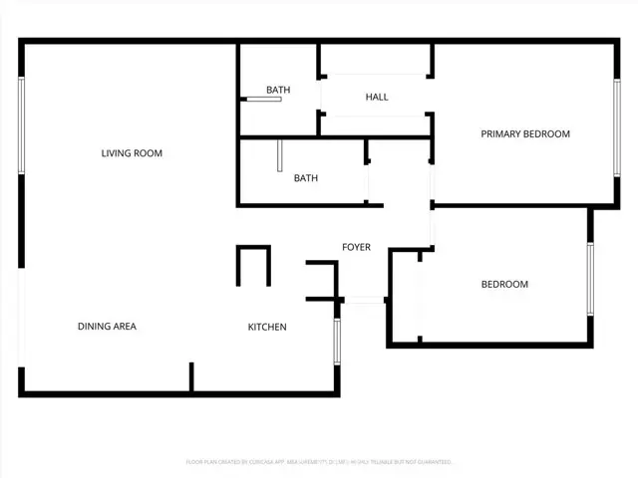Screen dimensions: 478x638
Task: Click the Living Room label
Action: click(x=132, y=153)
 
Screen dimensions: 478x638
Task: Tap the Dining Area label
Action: click(x=107, y=327)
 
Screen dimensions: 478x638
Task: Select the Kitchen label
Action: click(x=267, y=327)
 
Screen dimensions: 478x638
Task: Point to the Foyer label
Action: click(x=356, y=247)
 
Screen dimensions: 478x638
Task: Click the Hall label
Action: click(x=377, y=97)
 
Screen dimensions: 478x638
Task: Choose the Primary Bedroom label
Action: click(x=525, y=133)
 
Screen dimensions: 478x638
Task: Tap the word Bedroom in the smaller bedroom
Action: click(x=504, y=285)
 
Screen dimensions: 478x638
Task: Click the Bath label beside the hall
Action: click(x=278, y=91)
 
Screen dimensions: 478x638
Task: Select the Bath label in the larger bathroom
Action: click(x=305, y=179)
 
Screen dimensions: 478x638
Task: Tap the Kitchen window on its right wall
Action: click(x=337, y=342)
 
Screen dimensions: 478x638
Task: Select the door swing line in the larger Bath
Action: click(x=281, y=155)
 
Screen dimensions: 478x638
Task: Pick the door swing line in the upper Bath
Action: click(x=264, y=99)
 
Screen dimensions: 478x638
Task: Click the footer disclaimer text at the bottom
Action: click(x=319, y=462)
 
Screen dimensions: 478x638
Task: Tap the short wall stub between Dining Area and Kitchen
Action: click(x=191, y=377)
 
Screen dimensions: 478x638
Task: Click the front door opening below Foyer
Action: click(x=363, y=300)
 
